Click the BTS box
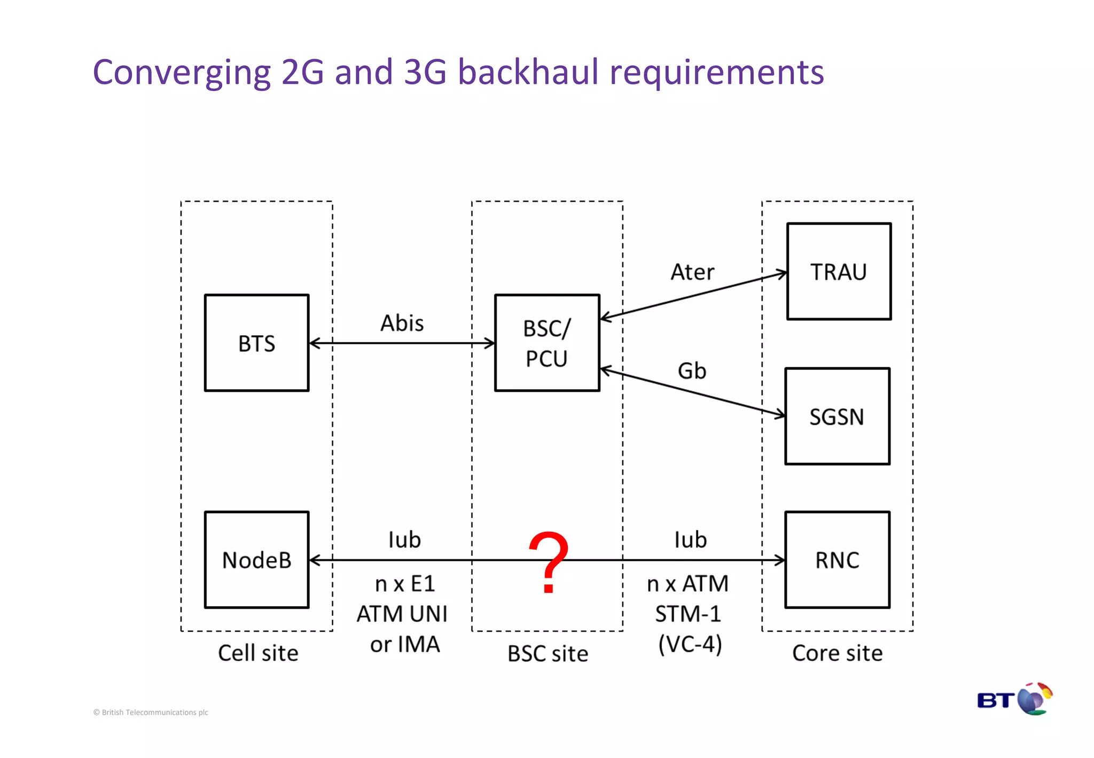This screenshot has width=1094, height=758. pos(256,343)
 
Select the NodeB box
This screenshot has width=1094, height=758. pos(256,560)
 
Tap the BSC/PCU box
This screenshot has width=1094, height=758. pos(547,343)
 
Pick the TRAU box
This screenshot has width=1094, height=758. pos(839,272)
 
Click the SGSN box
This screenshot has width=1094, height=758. pos(837,416)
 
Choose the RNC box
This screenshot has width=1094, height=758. pos(837,560)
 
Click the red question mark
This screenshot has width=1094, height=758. pos(548,561)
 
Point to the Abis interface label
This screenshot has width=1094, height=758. pos(402,323)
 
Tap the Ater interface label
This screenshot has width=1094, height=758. pos(692,272)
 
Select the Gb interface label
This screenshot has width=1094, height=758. pos(692,371)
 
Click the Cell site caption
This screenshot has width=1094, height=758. pos(258,653)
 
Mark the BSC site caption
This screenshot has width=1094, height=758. pos(548,654)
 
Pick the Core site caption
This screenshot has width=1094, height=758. pos(837,653)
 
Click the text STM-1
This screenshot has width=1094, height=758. pos(688,614)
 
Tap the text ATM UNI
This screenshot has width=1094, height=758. pos(402,614)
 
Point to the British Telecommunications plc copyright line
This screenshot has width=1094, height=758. pos(151,712)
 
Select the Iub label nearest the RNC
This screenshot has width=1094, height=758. pos(690,540)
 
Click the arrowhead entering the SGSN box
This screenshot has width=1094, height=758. pos(780,414)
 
